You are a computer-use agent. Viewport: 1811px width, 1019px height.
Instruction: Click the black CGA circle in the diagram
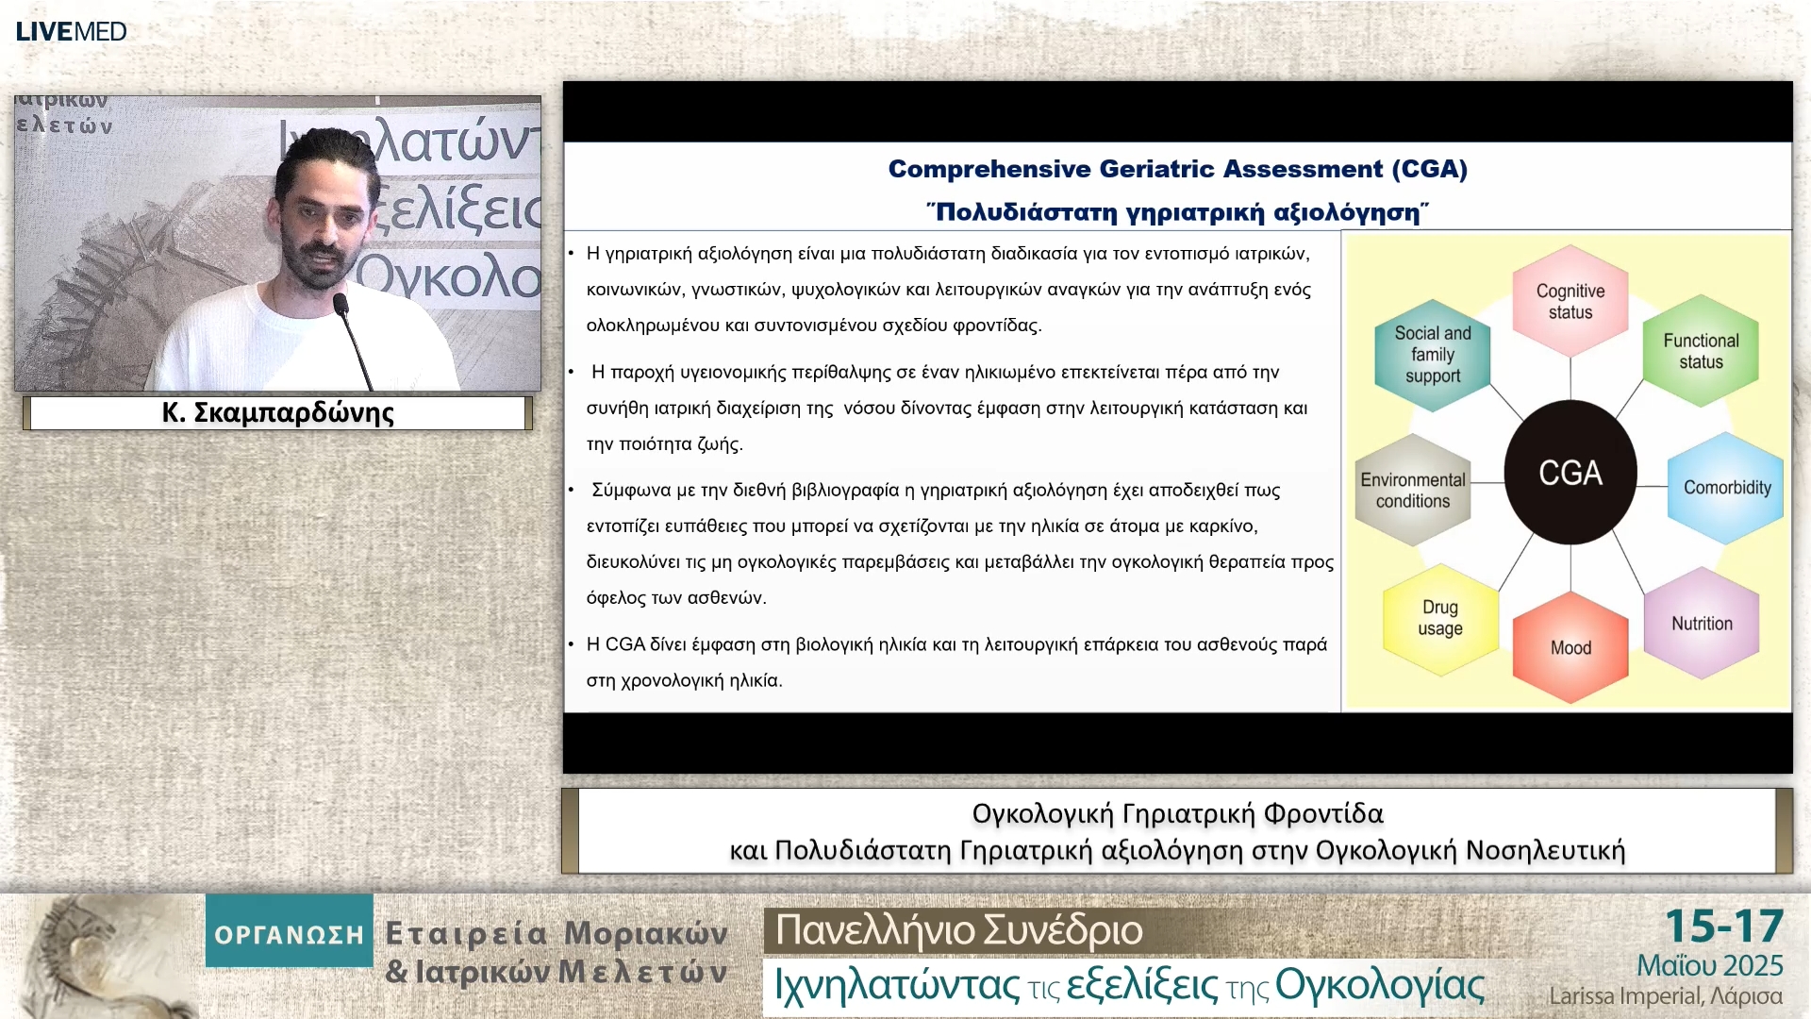(1570, 473)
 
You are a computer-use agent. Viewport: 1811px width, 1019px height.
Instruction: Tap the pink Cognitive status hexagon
(1570, 302)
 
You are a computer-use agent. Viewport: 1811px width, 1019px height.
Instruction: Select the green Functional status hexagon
(1701, 351)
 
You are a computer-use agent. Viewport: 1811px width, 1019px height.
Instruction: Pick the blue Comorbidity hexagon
(1726, 488)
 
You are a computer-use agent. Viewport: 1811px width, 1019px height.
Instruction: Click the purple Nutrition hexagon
(1702, 624)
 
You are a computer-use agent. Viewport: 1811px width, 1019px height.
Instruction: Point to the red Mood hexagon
(1570, 647)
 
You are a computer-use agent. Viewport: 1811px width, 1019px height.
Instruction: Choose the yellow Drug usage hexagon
(1440, 619)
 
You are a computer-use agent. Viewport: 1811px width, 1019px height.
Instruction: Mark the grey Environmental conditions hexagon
(1413, 490)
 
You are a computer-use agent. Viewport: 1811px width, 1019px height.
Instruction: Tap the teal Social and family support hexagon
(1433, 355)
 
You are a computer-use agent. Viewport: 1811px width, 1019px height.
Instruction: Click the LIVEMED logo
(72, 32)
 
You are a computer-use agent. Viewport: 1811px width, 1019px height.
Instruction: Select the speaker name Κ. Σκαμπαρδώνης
(277, 413)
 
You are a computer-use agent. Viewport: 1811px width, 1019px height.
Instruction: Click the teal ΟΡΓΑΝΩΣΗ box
(289, 930)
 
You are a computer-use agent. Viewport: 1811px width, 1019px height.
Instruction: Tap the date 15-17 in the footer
(1724, 927)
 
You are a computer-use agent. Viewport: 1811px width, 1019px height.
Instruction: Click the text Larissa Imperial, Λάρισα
(1666, 996)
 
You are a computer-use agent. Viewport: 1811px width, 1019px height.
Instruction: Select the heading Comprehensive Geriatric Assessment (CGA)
(1178, 169)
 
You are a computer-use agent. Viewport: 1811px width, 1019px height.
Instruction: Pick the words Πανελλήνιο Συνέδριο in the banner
(958, 930)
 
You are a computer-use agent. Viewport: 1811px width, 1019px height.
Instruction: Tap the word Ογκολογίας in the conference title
(1380, 985)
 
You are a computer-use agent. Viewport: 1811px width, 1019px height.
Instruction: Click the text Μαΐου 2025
(1710, 965)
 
